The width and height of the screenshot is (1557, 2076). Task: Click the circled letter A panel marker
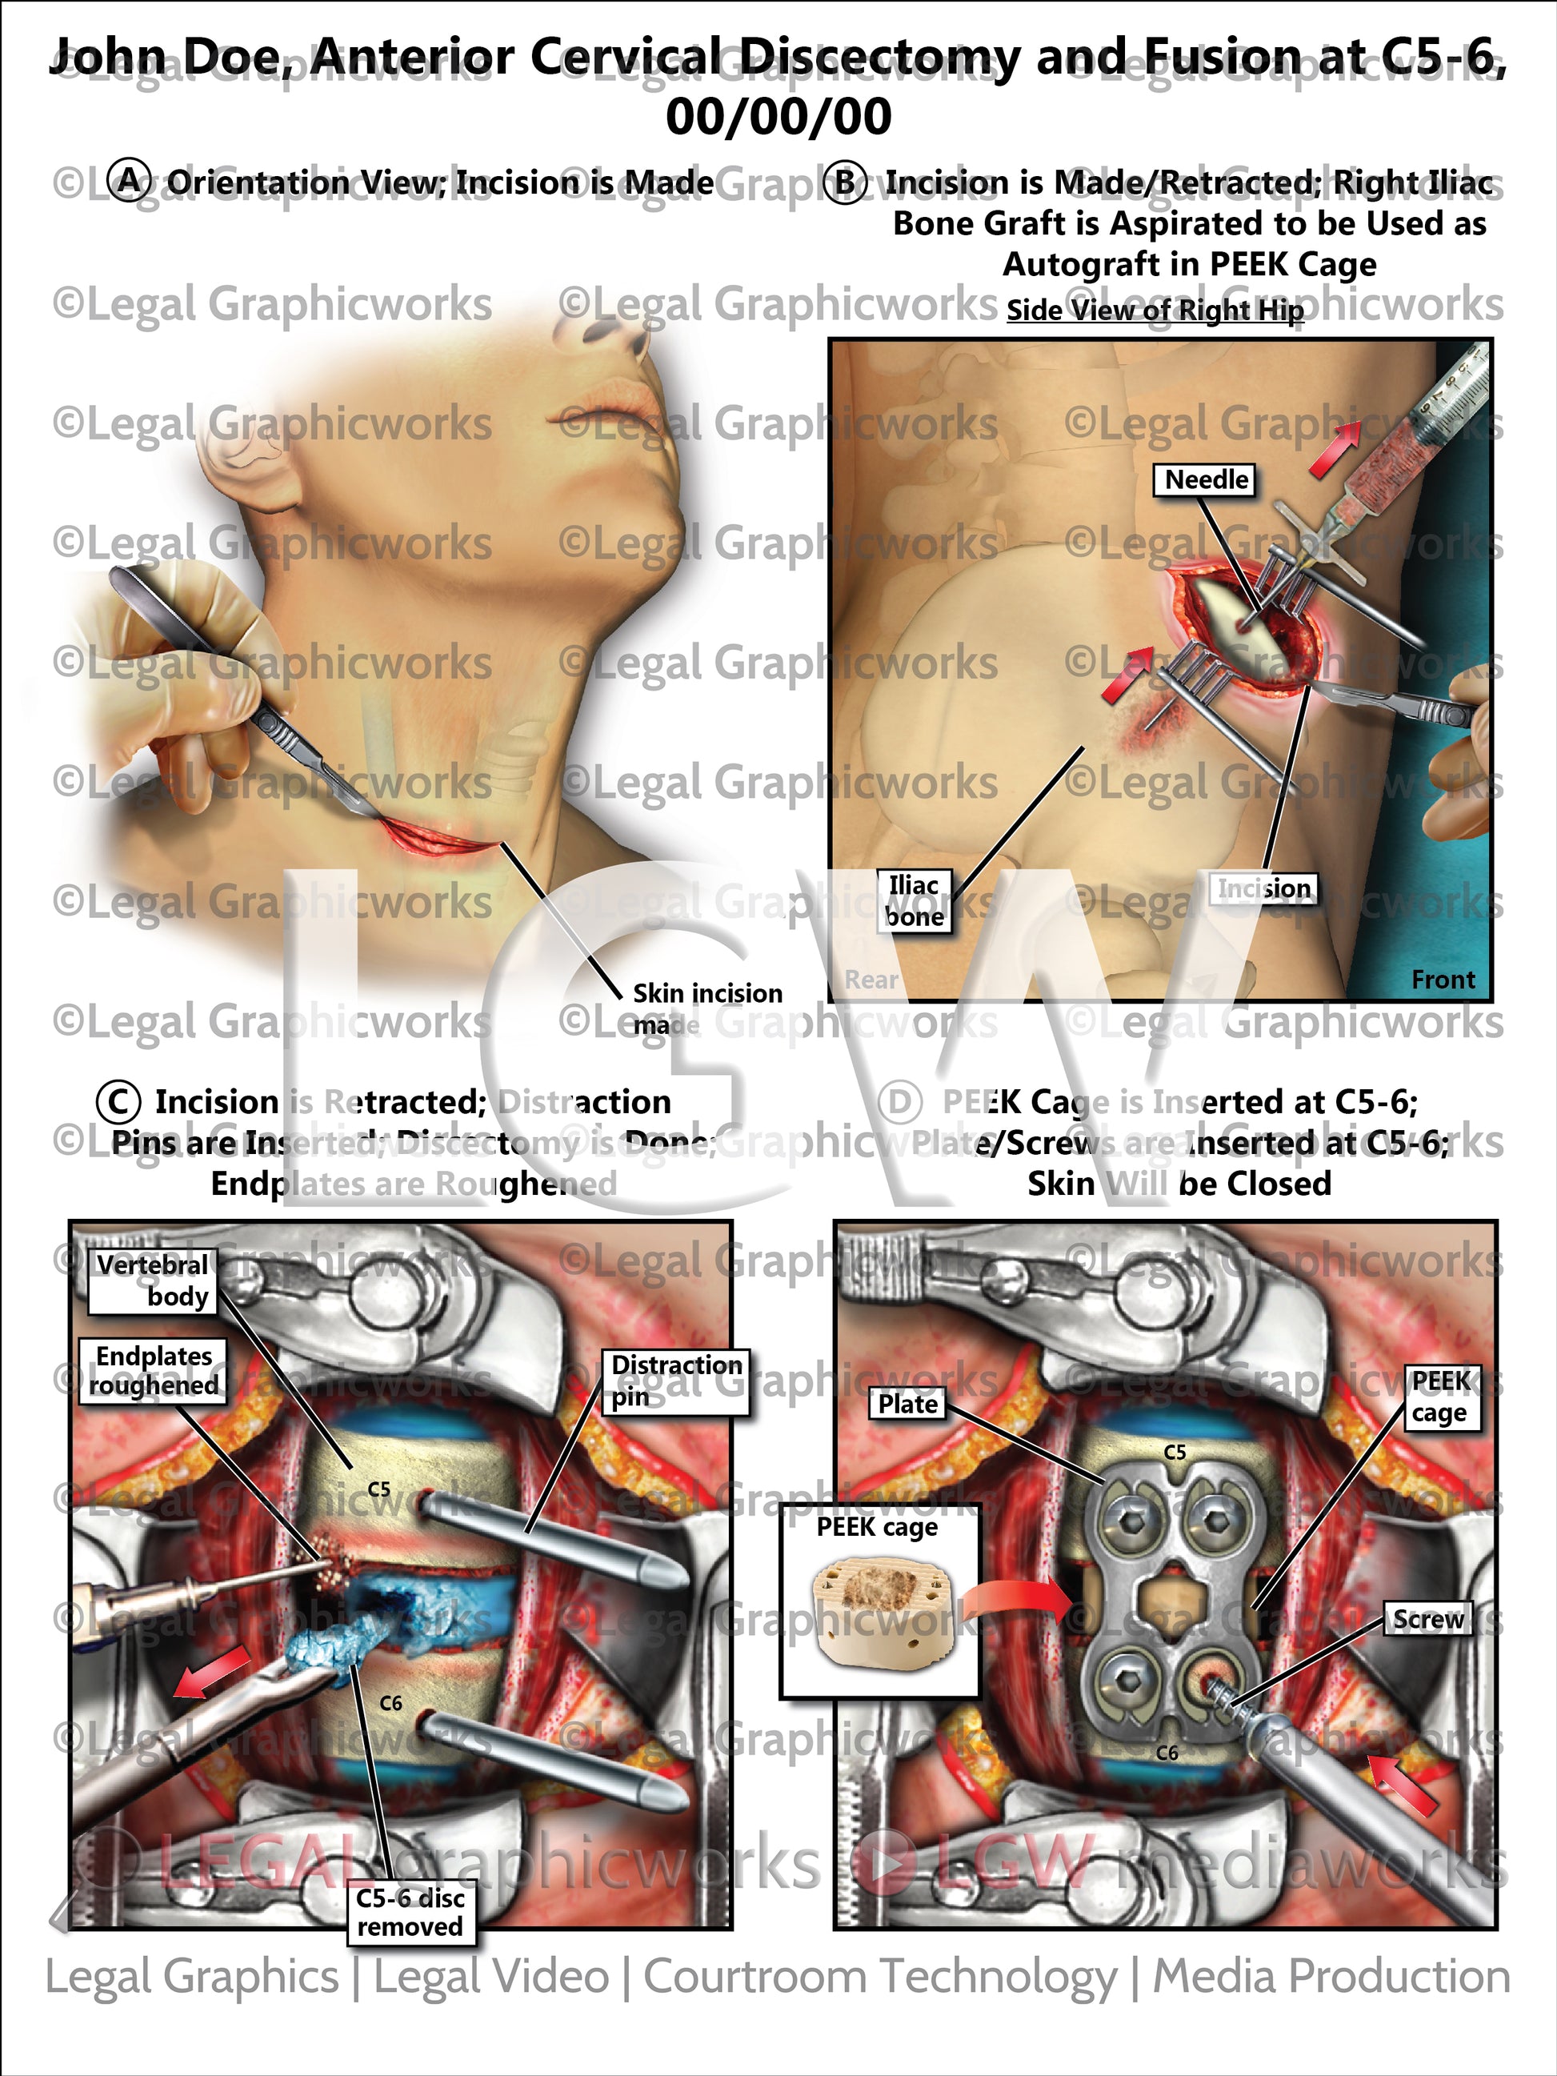point(130,181)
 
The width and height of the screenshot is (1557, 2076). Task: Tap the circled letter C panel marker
point(118,1102)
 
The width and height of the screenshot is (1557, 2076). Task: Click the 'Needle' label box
point(1205,480)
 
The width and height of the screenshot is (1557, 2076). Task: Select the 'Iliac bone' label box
point(914,901)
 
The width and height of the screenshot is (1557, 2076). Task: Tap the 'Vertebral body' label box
point(153,1281)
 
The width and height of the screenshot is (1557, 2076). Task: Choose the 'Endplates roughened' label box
point(153,1371)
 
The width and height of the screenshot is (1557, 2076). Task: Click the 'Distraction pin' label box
point(674,1381)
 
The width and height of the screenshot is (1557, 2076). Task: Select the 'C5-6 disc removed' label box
point(410,1913)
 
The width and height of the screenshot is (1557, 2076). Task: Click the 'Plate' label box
point(907,1404)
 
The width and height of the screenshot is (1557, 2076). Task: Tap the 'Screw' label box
point(1427,1620)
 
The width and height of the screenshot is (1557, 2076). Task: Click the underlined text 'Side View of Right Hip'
point(1155,311)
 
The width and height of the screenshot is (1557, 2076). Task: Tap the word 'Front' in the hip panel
point(1443,980)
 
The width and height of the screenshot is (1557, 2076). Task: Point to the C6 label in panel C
point(390,1703)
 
